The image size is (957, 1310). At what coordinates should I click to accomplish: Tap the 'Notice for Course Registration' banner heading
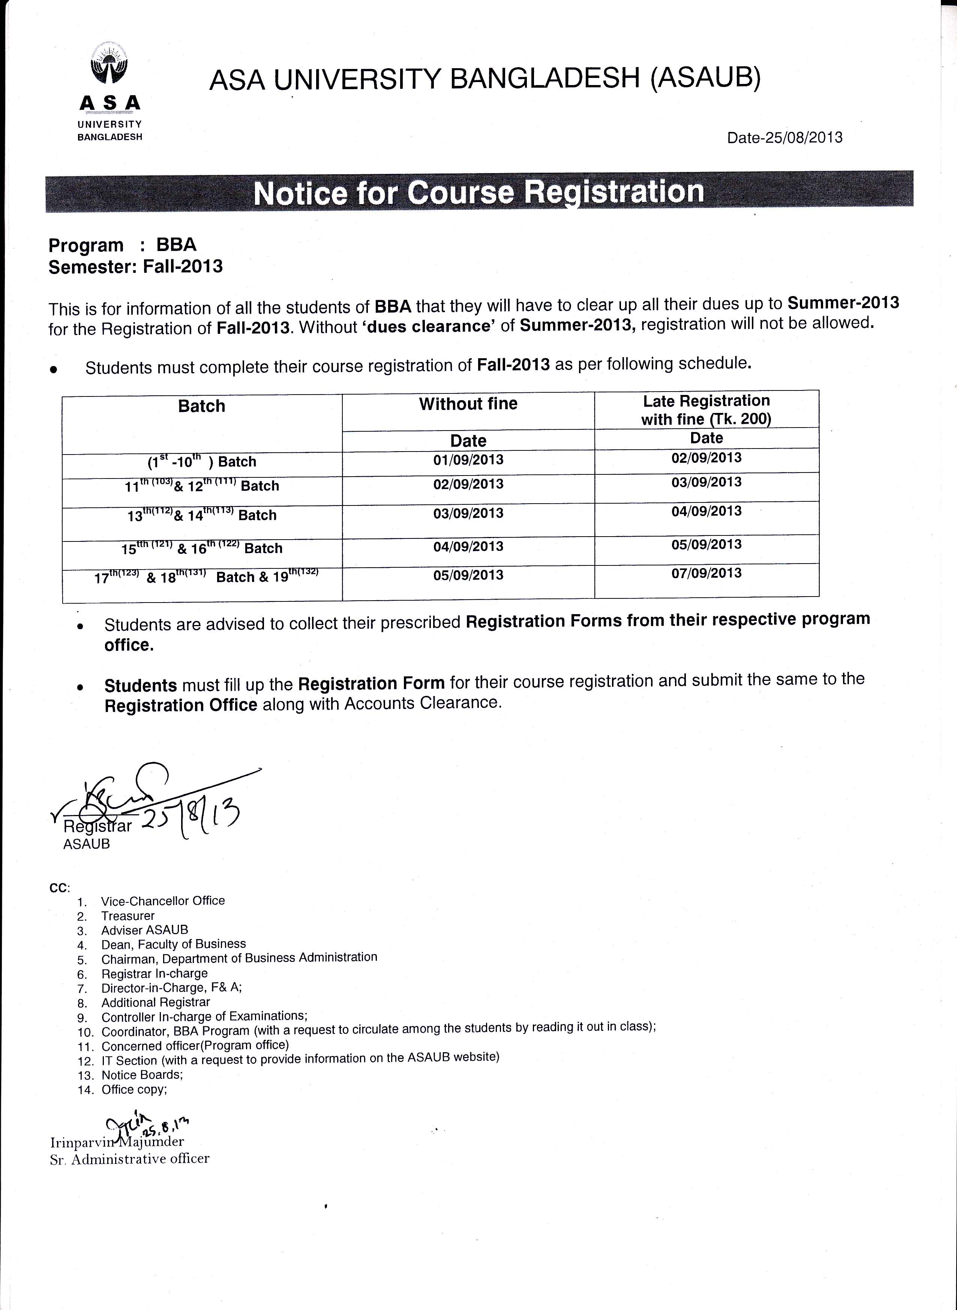(x=478, y=192)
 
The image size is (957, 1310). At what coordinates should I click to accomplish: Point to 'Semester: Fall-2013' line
(x=135, y=266)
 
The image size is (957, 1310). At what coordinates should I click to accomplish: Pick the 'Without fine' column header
(x=468, y=404)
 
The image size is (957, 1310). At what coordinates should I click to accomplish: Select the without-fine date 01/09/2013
(x=468, y=460)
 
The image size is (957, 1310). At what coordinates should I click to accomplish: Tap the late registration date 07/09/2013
(x=706, y=573)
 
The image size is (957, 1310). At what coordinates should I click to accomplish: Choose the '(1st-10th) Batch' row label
(x=202, y=461)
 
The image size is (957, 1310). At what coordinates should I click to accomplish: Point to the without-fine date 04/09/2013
(x=468, y=546)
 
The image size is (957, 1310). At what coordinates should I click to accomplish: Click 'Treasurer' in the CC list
(x=127, y=916)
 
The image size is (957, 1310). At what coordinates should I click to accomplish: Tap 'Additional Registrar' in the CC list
(x=155, y=1002)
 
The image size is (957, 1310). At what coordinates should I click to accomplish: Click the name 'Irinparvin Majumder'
(x=117, y=1142)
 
